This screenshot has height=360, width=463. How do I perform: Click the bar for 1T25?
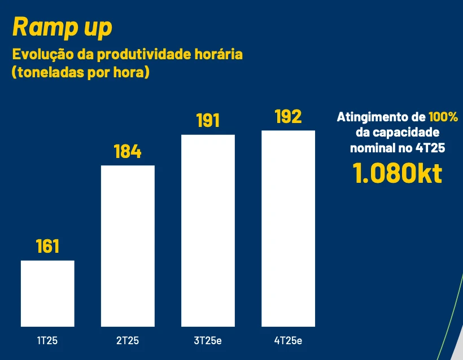click(x=47, y=293)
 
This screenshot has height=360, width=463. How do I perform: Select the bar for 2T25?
click(x=128, y=245)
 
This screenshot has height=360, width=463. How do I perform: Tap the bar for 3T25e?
click(x=208, y=230)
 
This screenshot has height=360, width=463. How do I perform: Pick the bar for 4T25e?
click(x=288, y=229)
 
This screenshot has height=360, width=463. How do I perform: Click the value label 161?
click(x=47, y=247)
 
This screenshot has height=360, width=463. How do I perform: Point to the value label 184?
click(x=128, y=152)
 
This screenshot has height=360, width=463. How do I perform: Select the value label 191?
click(x=208, y=121)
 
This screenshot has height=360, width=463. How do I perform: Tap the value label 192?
click(x=288, y=117)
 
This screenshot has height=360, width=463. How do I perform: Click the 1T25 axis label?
click(x=47, y=341)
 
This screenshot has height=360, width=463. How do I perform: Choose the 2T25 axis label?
click(x=128, y=341)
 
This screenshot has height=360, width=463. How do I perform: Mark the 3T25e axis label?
click(x=208, y=341)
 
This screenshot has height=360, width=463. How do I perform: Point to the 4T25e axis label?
click(x=288, y=341)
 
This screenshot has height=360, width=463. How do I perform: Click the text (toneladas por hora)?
click(x=81, y=73)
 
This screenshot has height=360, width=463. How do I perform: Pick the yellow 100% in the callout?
click(x=443, y=117)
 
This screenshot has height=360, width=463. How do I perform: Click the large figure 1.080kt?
click(x=398, y=173)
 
